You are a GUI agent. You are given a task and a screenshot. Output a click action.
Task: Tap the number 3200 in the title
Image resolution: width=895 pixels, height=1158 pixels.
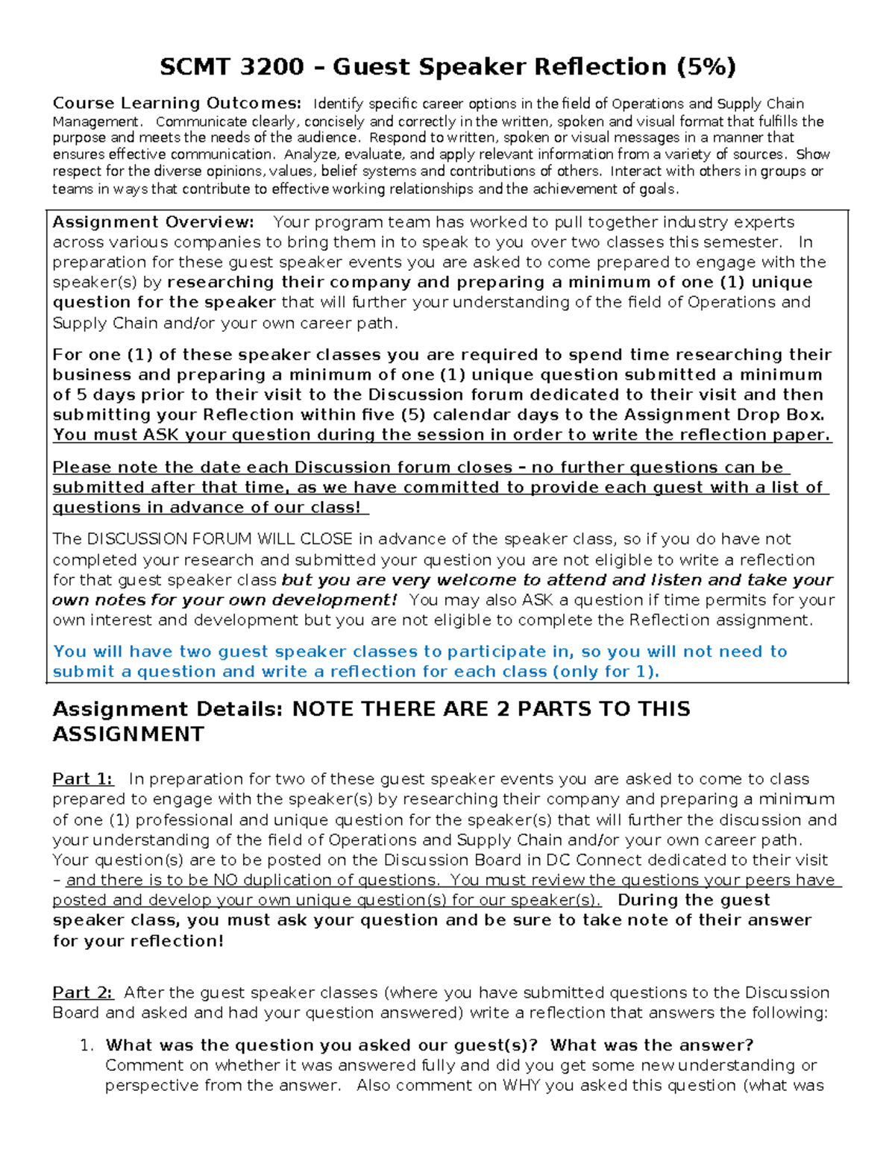pos(273,67)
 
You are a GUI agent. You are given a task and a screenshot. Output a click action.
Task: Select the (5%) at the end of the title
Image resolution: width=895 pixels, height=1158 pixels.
pos(706,67)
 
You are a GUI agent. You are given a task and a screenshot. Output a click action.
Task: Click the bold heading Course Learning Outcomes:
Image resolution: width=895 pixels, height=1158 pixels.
pos(177,103)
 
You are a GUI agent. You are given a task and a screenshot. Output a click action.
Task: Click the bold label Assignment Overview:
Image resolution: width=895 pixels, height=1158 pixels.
pos(153,222)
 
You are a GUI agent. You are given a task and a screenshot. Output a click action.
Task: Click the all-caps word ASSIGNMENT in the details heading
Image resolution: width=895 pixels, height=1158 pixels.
pos(128,734)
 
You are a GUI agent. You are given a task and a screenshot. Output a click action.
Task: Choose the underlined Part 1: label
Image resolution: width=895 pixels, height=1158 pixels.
pos(83,779)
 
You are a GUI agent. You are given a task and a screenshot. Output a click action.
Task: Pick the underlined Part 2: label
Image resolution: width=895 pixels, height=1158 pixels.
pos(83,993)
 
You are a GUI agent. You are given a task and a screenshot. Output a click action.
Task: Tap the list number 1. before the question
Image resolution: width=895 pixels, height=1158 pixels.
pos(87,1045)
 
